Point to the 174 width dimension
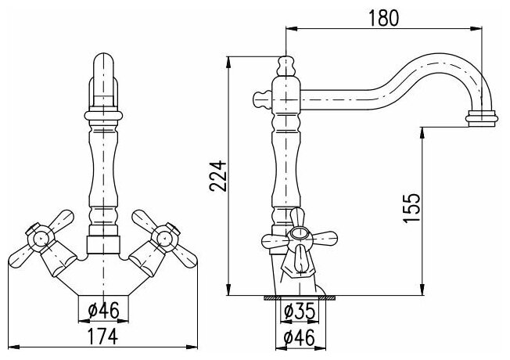coord(104,337)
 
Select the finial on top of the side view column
coord(287,62)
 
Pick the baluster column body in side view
coord(287,157)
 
